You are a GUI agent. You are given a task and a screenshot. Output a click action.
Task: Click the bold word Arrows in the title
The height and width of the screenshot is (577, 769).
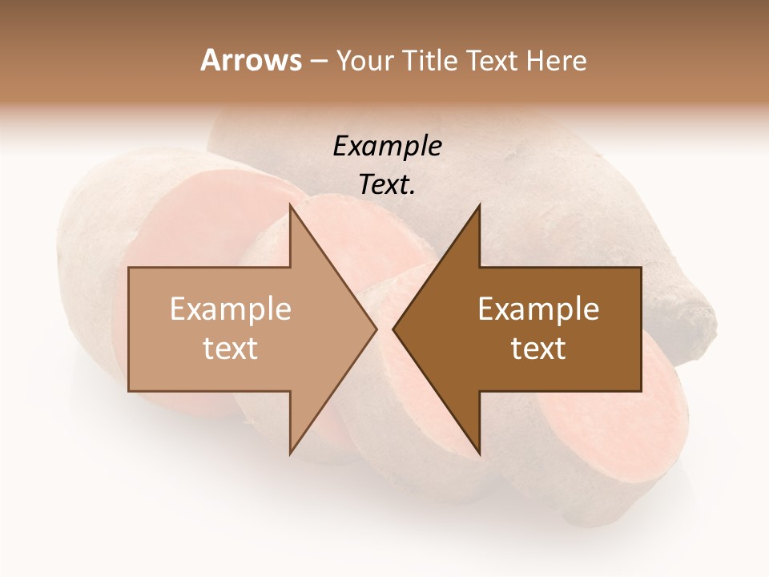coord(250,60)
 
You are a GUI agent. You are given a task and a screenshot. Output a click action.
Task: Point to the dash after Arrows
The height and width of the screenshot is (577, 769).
coord(318,62)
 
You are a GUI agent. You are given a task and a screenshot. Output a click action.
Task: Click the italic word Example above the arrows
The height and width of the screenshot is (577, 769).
coord(387,146)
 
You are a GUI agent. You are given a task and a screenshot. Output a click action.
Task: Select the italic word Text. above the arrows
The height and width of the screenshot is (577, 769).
coord(387,184)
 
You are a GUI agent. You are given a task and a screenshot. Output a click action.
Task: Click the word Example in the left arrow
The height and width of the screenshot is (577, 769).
coord(231,309)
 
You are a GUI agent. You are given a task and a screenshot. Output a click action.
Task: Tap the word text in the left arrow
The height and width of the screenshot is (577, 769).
coord(231,348)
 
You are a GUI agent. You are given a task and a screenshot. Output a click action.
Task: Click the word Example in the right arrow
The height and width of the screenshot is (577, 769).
coord(538,309)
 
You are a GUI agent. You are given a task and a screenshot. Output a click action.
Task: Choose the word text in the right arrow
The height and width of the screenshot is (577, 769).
coord(538,348)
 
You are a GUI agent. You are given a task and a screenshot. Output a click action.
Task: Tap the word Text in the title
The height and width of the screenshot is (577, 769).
coord(491,60)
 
